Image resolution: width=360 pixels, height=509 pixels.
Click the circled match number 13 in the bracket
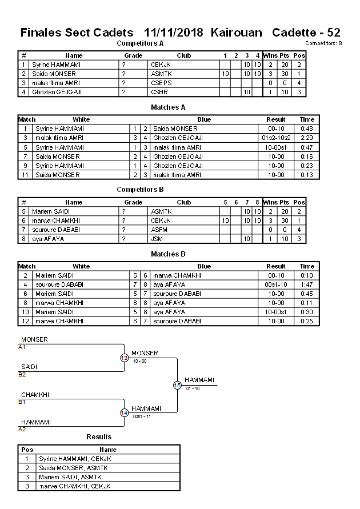(124, 358)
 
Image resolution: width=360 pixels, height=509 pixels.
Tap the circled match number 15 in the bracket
(177, 386)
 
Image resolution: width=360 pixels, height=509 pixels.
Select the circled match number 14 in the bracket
(124, 413)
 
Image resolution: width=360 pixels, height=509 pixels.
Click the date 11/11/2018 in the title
(174, 33)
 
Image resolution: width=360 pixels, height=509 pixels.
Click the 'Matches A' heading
(168, 107)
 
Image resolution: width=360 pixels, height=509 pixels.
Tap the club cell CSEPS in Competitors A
(160, 83)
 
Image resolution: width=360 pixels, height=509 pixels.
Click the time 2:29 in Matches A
(307, 138)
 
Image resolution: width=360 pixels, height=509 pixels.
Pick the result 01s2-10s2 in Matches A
(276, 138)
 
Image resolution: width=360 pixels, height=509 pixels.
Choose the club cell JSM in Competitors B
(157, 239)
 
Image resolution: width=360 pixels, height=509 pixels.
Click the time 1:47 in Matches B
(307, 284)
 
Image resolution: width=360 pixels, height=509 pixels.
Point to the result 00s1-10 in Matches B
(276, 284)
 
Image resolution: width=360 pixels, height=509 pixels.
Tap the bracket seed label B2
(22, 375)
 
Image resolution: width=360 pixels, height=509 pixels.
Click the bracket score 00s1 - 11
(142, 416)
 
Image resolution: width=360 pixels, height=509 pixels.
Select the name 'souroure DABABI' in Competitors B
(55, 230)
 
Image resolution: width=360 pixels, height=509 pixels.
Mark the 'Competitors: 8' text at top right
(323, 43)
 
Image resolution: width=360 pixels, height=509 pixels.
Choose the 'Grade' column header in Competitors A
(133, 55)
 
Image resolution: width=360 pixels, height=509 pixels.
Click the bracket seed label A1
(22, 347)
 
